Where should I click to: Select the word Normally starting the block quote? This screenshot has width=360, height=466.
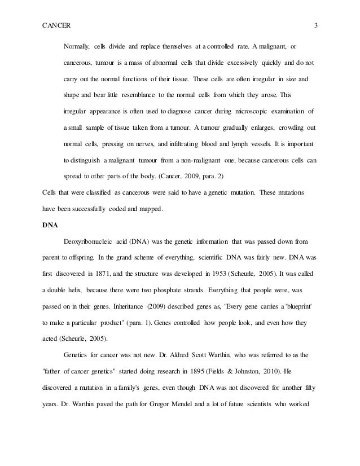tap(77, 45)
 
